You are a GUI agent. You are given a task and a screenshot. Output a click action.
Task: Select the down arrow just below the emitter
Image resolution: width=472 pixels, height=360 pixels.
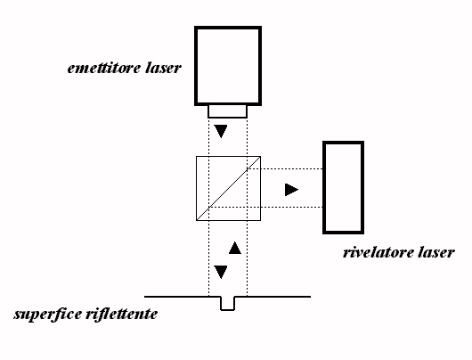(221, 131)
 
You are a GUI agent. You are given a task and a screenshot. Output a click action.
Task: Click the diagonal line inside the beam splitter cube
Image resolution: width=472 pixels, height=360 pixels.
(228, 188)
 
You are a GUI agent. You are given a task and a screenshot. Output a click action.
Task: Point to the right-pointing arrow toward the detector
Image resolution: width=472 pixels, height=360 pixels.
(291, 190)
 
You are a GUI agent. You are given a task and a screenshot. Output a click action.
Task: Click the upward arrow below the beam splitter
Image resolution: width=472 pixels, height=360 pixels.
(235, 248)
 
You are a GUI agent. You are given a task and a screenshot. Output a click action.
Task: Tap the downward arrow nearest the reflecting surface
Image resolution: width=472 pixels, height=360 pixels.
(221, 272)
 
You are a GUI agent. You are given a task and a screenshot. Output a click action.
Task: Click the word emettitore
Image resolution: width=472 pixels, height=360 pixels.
(104, 69)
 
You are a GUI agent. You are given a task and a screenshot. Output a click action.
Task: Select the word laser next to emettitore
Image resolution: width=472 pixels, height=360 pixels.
(164, 69)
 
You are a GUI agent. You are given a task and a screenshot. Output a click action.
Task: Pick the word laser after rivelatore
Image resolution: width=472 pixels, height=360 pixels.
(436, 252)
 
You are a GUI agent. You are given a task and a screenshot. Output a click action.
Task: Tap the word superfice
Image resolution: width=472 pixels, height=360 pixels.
(48, 315)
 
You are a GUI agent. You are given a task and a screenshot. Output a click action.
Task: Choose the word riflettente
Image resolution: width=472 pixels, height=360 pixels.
(122, 315)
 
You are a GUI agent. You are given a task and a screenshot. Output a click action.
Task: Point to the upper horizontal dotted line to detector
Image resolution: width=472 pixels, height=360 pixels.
(285, 169)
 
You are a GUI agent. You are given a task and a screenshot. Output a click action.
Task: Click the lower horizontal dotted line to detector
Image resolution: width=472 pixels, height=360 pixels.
(265, 208)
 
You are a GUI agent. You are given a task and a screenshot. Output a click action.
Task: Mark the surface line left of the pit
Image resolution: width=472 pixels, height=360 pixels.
(183, 297)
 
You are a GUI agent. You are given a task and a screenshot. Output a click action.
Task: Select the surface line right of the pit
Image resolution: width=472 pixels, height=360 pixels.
(273, 297)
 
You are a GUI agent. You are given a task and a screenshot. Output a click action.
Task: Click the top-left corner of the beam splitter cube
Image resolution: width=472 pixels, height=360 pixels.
(197, 156)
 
